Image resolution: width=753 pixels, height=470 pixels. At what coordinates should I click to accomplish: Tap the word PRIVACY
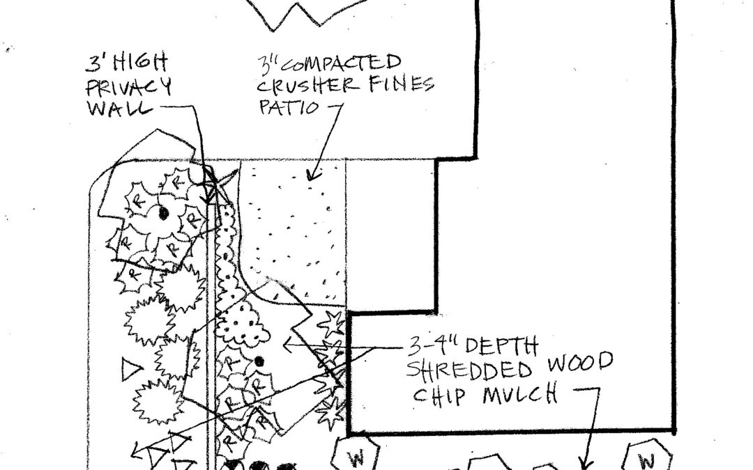point(129,88)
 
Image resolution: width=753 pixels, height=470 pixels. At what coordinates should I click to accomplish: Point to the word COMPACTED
point(335,65)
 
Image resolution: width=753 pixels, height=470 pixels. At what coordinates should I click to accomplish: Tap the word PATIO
point(287,108)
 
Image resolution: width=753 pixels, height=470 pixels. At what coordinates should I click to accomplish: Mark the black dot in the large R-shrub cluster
point(162,213)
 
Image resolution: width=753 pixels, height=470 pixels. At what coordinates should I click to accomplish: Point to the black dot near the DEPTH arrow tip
point(259,361)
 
